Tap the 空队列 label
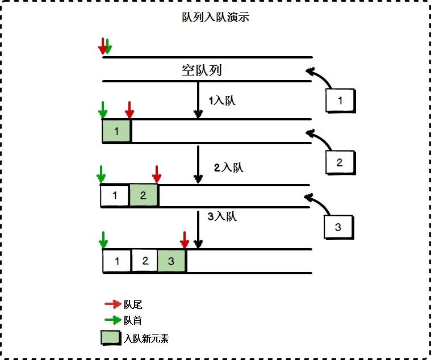(x=201, y=71)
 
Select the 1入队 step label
(x=222, y=101)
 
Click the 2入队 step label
(x=228, y=168)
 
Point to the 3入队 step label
(x=221, y=216)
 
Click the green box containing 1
(x=116, y=132)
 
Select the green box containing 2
(x=143, y=196)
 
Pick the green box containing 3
(x=171, y=261)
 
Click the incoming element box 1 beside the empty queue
(x=340, y=101)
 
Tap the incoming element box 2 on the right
(x=340, y=162)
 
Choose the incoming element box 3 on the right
(x=338, y=227)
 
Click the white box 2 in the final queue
(x=145, y=261)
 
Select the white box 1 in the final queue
(x=117, y=262)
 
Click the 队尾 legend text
(x=133, y=305)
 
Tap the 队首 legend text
(x=133, y=321)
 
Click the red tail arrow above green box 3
(x=184, y=240)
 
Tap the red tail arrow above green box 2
(x=157, y=174)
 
